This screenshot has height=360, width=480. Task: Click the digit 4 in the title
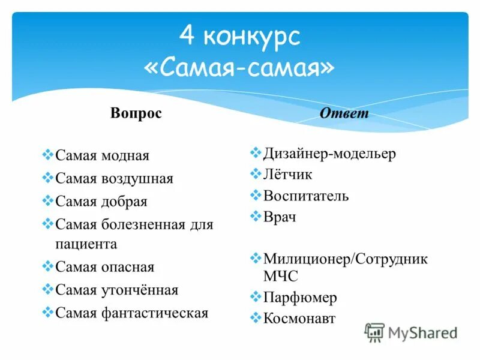click(x=187, y=37)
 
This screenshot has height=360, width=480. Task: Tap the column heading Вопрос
click(x=136, y=113)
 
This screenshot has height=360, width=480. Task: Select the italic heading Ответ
click(x=344, y=113)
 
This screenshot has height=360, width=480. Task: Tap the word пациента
click(x=86, y=244)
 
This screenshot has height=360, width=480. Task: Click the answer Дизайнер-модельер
click(x=329, y=154)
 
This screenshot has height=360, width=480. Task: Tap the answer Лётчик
click(x=288, y=175)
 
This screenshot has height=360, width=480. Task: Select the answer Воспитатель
click(x=306, y=196)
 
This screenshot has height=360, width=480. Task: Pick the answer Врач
click(x=280, y=217)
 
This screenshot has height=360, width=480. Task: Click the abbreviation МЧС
click(x=280, y=277)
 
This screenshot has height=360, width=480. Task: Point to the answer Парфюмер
click(x=300, y=298)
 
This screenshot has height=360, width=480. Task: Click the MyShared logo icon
click(x=375, y=332)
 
